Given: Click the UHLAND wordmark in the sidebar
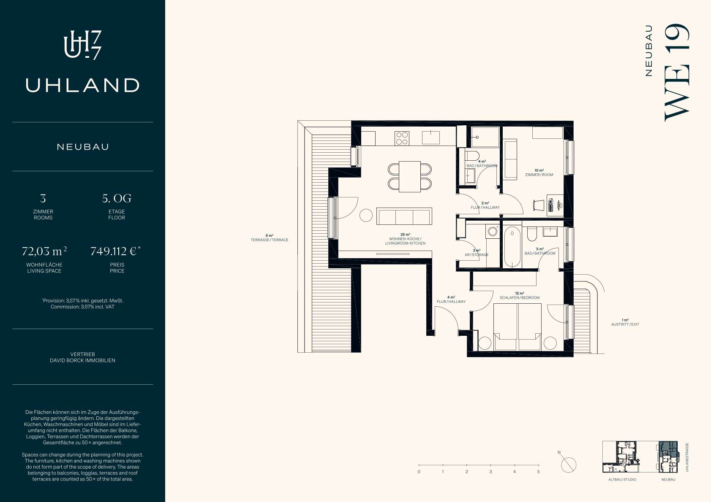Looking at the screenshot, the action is [x=82, y=85].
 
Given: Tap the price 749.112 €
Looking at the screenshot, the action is [x=115, y=251].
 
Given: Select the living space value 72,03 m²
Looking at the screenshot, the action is [x=44, y=251].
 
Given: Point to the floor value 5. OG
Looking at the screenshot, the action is [x=117, y=198].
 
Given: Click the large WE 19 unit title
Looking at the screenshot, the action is [x=677, y=73].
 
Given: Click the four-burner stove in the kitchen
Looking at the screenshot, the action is [x=402, y=138].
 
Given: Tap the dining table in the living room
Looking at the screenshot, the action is [x=410, y=176].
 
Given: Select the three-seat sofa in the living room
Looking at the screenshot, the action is [x=404, y=216].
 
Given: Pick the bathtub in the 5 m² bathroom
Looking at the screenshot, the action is [x=512, y=246].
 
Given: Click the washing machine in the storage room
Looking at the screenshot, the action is [x=492, y=231].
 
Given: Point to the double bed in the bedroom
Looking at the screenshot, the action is [x=518, y=327].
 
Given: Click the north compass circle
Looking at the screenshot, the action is [x=569, y=465].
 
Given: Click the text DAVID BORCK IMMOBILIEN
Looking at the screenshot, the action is [x=82, y=360].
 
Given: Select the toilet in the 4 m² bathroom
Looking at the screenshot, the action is [x=472, y=156].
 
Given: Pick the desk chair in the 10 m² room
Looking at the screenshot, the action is [x=538, y=205].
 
